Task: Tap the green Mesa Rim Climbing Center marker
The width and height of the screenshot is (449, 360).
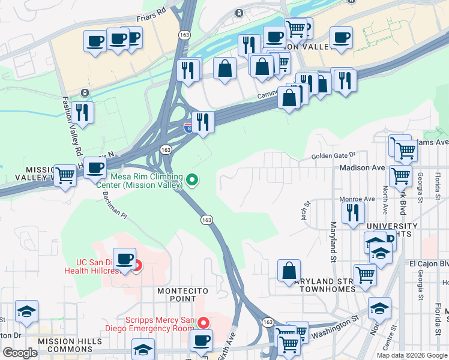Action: click(x=192, y=179)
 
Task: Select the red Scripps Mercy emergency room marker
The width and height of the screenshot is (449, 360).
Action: click(x=203, y=323)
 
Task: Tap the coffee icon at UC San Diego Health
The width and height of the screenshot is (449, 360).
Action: click(x=124, y=260)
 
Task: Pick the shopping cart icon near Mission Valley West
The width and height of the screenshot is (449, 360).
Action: click(x=65, y=176)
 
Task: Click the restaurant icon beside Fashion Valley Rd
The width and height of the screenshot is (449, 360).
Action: click(x=82, y=112)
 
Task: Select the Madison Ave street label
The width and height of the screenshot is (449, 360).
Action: click(x=361, y=168)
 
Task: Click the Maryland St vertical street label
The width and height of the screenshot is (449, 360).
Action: click(x=333, y=242)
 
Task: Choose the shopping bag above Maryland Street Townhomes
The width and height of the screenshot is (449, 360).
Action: click(x=289, y=271)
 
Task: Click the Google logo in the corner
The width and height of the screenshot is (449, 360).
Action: click(x=20, y=353)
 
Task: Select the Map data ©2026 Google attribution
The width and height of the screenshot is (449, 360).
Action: click(x=412, y=355)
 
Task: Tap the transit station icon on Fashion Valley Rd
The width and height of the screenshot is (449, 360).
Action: click(x=85, y=92)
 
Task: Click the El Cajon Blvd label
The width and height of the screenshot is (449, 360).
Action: click(x=429, y=263)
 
